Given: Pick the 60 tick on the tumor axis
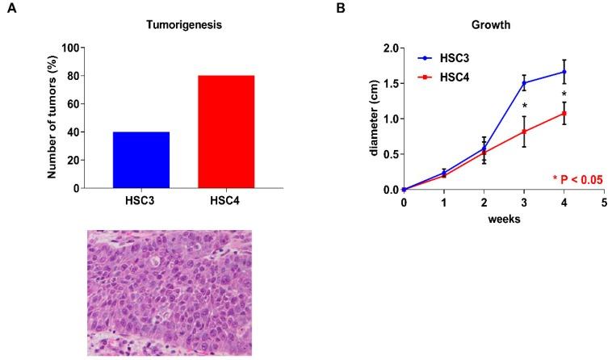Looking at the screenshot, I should coord(73,104).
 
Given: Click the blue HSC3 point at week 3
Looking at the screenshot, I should coord(524,83).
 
